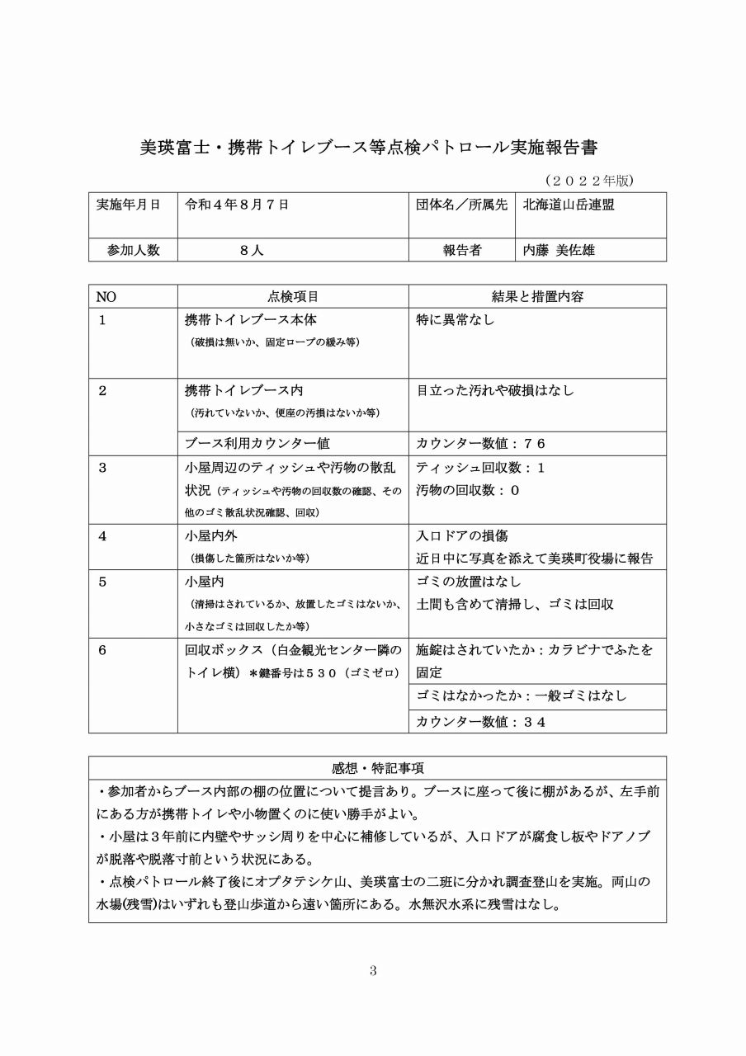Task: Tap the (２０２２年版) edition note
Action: [589, 179]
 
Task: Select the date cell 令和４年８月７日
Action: [238, 205]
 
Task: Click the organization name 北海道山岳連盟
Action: [569, 205]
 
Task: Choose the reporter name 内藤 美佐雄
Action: [559, 250]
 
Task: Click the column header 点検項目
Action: [293, 296]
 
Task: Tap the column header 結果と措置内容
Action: [537, 296]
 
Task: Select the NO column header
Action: [106, 296]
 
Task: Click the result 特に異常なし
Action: [456, 320]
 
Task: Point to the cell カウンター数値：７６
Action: [481, 443]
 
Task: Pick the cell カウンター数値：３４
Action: [481, 722]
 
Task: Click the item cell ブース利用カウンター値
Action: [257, 443]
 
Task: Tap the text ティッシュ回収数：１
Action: [481, 468]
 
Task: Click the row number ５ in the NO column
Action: [102, 582]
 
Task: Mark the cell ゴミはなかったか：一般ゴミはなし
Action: [522, 696]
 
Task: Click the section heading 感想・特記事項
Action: [377, 768]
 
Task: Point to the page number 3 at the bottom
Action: [373, 971]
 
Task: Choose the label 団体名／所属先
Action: [461, 205]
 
